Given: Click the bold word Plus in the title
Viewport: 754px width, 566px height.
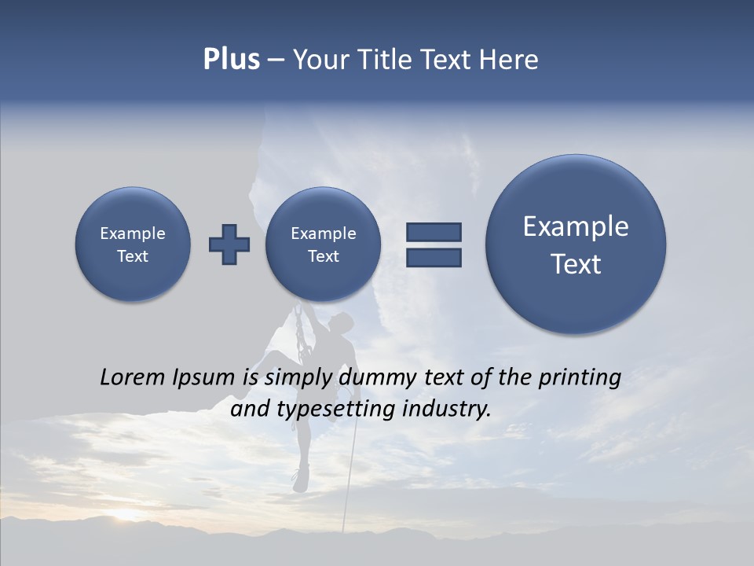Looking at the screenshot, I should point(231,60).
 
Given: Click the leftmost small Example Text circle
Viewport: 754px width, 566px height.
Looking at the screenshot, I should point(133,244).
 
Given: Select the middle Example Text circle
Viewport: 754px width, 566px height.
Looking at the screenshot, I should point(324,244).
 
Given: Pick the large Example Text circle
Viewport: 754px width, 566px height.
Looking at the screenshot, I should point(576,244).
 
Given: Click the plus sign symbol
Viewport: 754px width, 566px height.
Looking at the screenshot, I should point(229,244).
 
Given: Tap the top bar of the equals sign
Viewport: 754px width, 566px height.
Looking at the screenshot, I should point(434,232).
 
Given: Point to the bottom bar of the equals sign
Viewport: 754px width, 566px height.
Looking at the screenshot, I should point(434,258).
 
